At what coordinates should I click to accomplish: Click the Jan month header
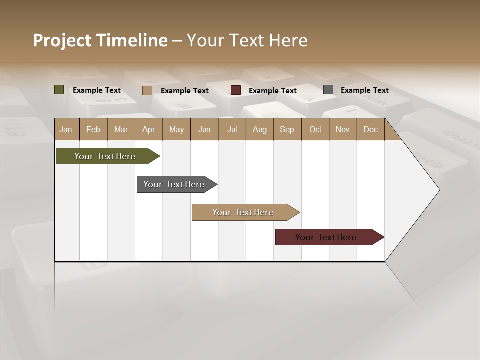click(66, 129)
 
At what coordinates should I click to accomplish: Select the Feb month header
click(93, 129)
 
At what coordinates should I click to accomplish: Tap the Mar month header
click(121, 129)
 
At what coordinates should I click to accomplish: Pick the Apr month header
click(149, 129)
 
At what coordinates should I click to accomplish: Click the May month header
click(176, 129)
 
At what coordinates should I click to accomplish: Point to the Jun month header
click(204, 129)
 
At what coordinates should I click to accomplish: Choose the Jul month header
click(232, 129)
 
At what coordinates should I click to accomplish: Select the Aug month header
click(260, 129)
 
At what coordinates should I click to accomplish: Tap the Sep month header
click(287, 129)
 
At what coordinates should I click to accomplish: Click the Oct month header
click(315, 129)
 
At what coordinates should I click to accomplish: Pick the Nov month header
click(343, 129)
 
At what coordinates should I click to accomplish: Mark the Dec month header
click(371, 129)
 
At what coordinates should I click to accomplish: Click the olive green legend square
click(59, 90)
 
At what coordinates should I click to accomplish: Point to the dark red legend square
click(236, 90)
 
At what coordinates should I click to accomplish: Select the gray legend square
click(328, 90)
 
